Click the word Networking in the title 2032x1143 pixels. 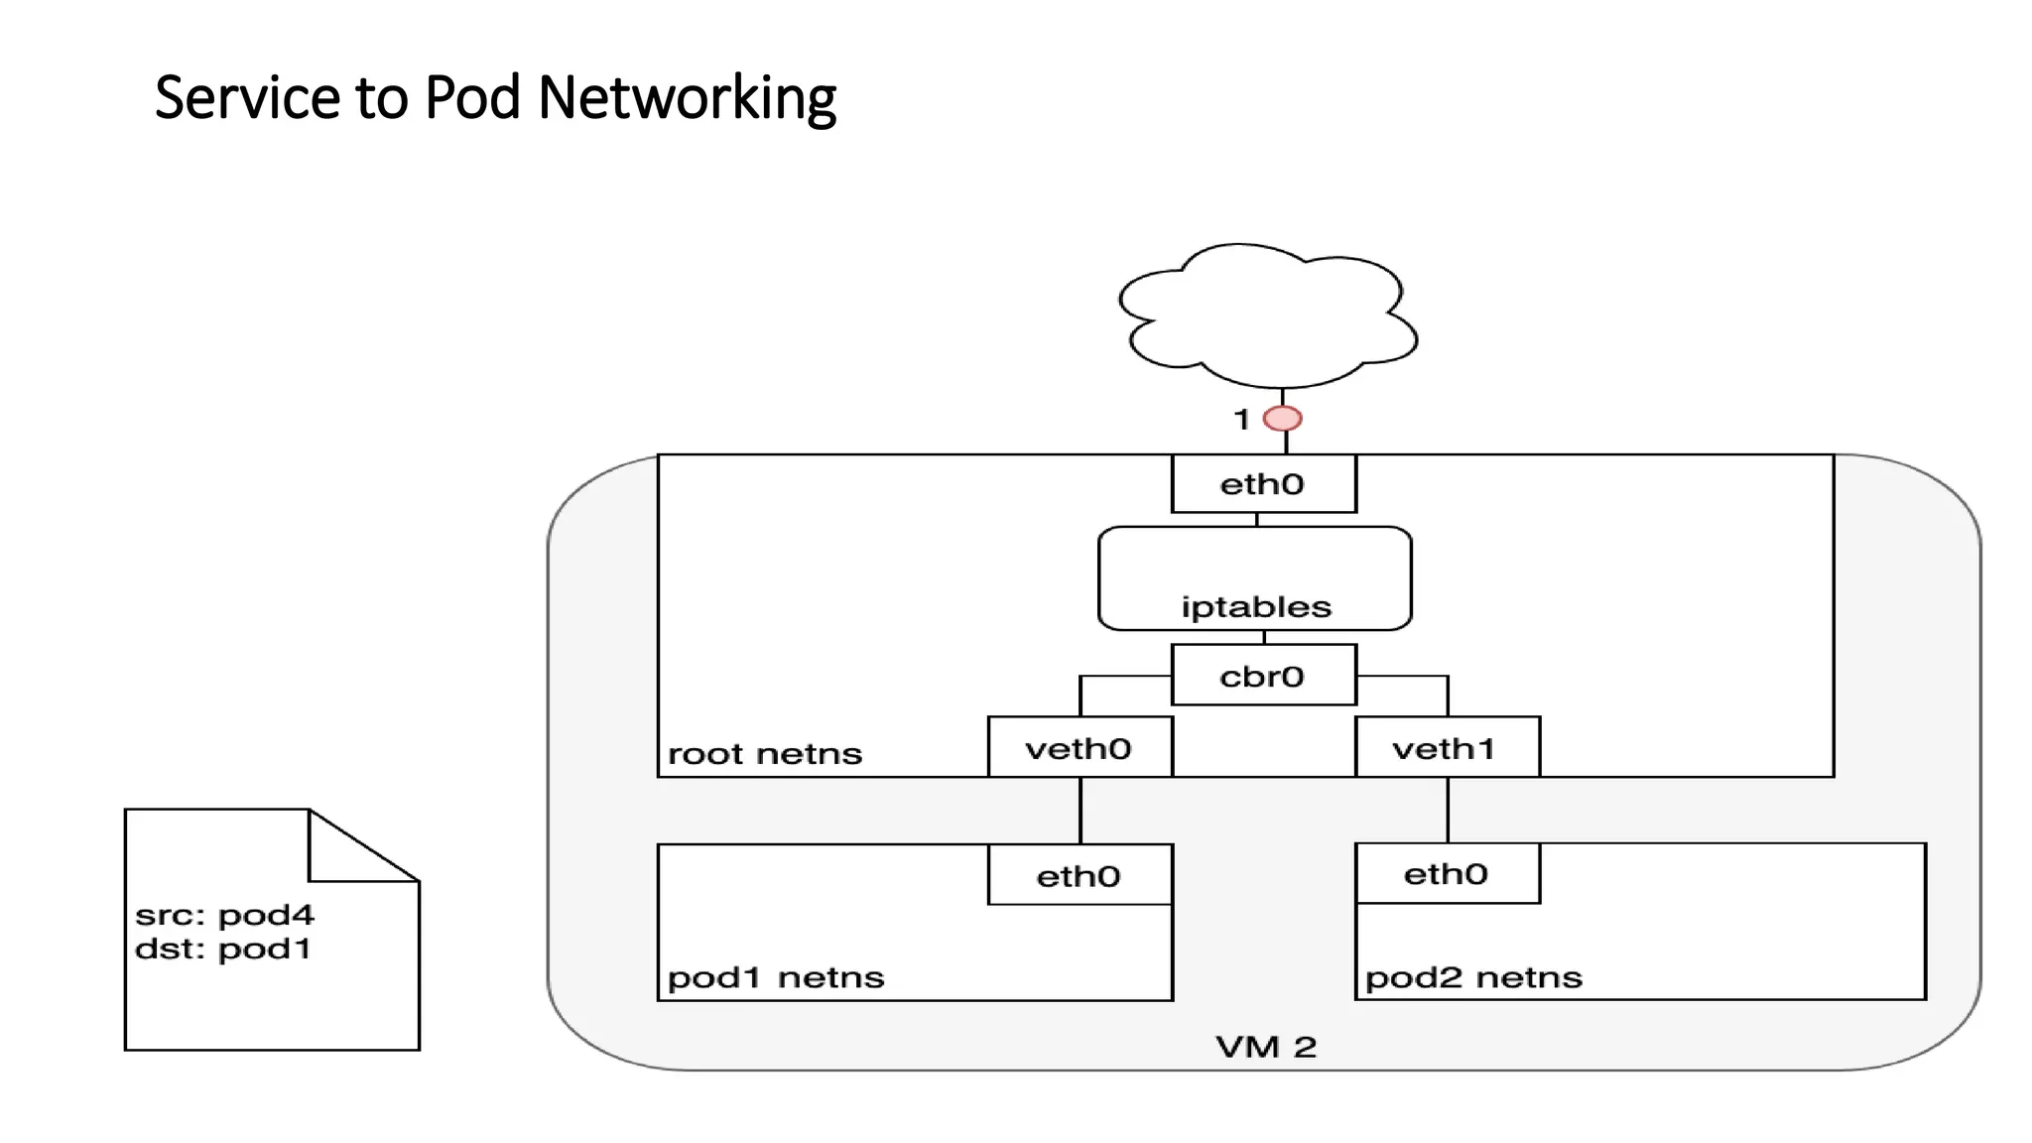click(x=687, y=98)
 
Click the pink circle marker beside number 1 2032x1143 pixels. click(x=1282, y=419)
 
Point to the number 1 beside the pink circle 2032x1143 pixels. click(x=1241, y=420)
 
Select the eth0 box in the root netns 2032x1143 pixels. click(x=1263, y=484)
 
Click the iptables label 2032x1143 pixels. click(x=1256, y=606)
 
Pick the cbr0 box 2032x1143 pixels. click(x=1263, y=676)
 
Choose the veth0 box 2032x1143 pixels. click(x=1079, y=747)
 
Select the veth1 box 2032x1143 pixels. click(x=1447, y=747)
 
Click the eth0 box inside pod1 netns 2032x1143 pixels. click(x=1079, y=875)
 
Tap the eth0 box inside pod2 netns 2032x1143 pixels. click(x=1447, y=873)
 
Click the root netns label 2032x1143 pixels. click(x=765, y=754)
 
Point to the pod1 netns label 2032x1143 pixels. click(x=775, y=978)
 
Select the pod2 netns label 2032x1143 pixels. click(x=1473, y=978)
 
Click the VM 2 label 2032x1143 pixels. click(x=1266, y=1047)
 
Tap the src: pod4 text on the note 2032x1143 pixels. click(x=224, y=914)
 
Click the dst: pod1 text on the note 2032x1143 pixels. click(x=222, y=949)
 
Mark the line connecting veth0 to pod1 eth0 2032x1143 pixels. click(x=1080, y=811)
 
